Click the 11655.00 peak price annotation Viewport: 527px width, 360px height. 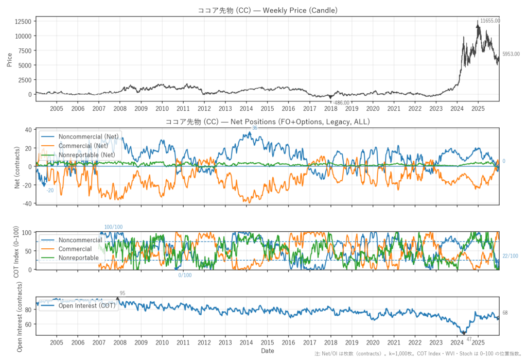489,21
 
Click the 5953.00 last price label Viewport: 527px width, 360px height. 511,54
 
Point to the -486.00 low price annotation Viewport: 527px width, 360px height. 341,103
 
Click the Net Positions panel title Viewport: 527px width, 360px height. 268,122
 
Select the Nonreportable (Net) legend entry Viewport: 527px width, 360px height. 86,155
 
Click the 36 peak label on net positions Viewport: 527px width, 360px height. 254,128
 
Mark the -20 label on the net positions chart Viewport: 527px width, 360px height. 50,191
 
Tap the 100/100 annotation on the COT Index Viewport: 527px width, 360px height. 114,227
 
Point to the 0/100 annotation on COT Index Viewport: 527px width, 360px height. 185,275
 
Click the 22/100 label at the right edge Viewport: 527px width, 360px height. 510,256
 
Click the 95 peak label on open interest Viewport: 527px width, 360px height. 122,293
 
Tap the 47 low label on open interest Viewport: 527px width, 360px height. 469,338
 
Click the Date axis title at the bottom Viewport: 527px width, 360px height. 268,351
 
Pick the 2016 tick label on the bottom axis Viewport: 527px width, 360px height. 288,342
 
